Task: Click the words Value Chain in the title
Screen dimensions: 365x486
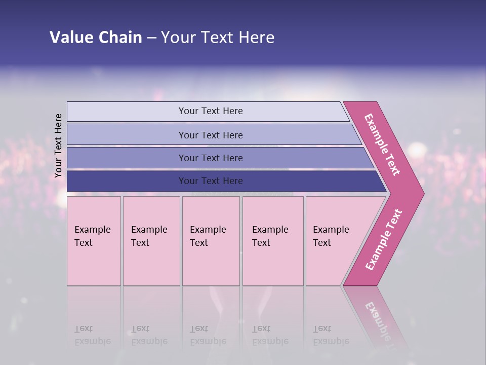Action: click(96, 38)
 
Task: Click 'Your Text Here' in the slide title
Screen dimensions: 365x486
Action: click(218, 38)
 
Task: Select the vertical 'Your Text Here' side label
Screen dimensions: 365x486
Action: click(58, 145)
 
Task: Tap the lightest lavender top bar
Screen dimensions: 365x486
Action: click(127, 112)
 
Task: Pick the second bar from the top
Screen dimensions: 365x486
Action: click(127, 135)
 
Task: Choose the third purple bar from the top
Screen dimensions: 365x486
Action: click(127, 158)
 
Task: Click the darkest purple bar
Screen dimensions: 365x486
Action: click(127, 181)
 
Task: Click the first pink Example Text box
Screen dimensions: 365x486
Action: click(94, 241)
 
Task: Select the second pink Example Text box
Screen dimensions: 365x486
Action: click(151, 241)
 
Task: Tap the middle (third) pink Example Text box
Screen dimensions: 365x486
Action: click(211, 241)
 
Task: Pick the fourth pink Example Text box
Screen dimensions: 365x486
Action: click(273, 241)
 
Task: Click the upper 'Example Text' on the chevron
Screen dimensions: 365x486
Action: click(382, 144)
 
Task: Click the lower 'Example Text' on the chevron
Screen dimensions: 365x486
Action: click(384, 239)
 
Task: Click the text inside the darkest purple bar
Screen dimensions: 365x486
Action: click(211, 181)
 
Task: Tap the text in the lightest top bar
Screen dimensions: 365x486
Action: click(211, 111)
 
